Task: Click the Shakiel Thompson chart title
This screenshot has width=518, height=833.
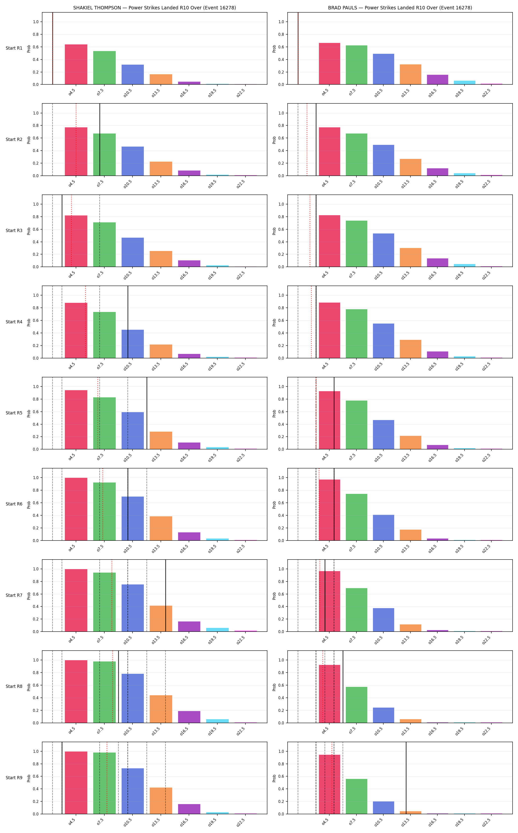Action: pos(154,8)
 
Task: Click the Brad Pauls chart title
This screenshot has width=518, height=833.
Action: pos(400,8)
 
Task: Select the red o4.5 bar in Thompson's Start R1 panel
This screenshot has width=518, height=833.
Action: pos(76,64)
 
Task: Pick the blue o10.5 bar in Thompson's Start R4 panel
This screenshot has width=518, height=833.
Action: pos(133,344)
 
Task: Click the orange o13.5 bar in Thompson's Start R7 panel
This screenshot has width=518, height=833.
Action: pos(161,619)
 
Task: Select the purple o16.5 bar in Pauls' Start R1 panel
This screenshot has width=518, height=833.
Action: pos(438,79)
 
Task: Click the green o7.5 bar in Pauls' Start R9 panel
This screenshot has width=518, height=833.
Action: pos(356,796)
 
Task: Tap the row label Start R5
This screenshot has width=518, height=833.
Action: pos(14,413)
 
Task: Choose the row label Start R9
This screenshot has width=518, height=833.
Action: pos(14,777)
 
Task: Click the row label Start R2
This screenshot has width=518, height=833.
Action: pos(14,139)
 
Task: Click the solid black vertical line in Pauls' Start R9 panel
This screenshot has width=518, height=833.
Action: pos(406,778)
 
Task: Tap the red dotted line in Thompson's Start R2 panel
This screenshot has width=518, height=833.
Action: pos(76,139)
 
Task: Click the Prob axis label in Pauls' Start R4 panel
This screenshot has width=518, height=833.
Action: pos(274,322)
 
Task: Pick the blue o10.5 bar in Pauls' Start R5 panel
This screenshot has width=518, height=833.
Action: pos(383,435)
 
